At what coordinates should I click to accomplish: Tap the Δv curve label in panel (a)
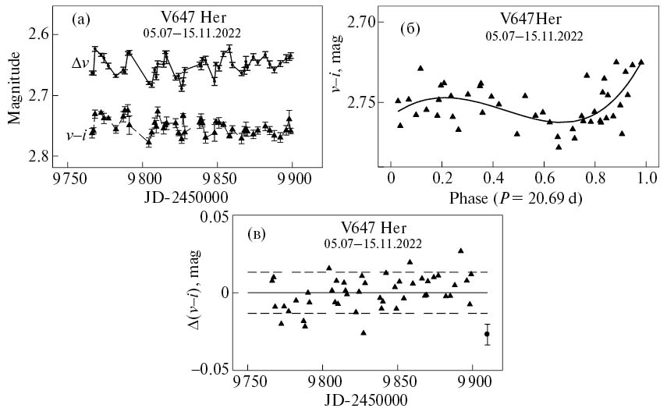pos(80,64)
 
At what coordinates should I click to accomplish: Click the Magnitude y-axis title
pos(15,94)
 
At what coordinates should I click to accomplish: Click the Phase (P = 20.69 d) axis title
pos(517,199)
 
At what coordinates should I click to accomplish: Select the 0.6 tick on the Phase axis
pos(544,179)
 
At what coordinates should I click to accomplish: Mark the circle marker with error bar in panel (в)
pos(487,334)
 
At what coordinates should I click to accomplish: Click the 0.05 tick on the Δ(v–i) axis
pos(216,216)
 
